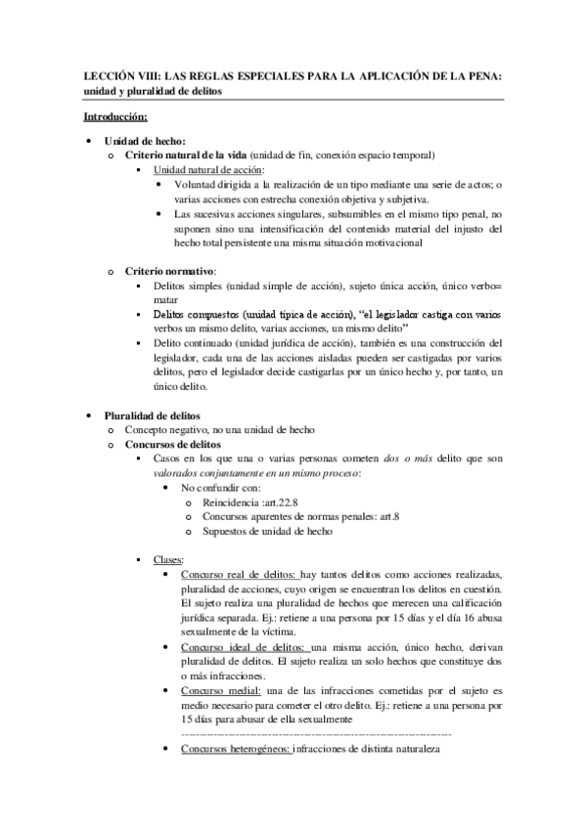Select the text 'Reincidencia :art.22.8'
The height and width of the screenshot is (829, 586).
point(251,502)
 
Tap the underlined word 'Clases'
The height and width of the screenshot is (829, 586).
point(167,559)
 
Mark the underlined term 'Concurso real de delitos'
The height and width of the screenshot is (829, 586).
point(239,574)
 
